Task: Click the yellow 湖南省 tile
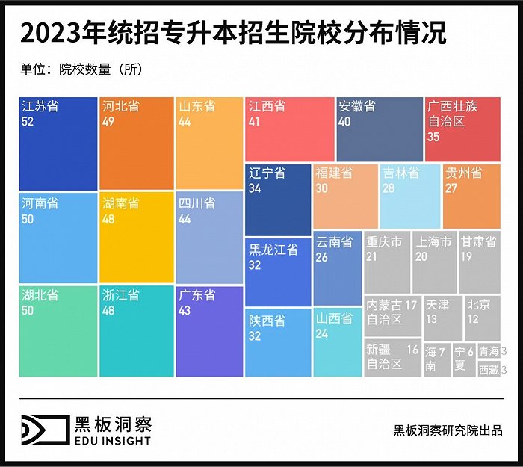pos(136,238)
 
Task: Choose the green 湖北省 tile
pos(58,331)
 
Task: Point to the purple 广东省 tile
pos(210,331)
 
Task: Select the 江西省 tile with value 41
pos(289,129)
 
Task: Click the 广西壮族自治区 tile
pos(462,129)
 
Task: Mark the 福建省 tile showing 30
pos(345,196)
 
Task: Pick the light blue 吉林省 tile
pos(409,196)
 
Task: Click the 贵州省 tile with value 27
pos(471,196)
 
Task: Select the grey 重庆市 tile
pos(386,262)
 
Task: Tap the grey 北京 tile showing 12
pos(482,318)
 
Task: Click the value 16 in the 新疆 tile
pos(412,350)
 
